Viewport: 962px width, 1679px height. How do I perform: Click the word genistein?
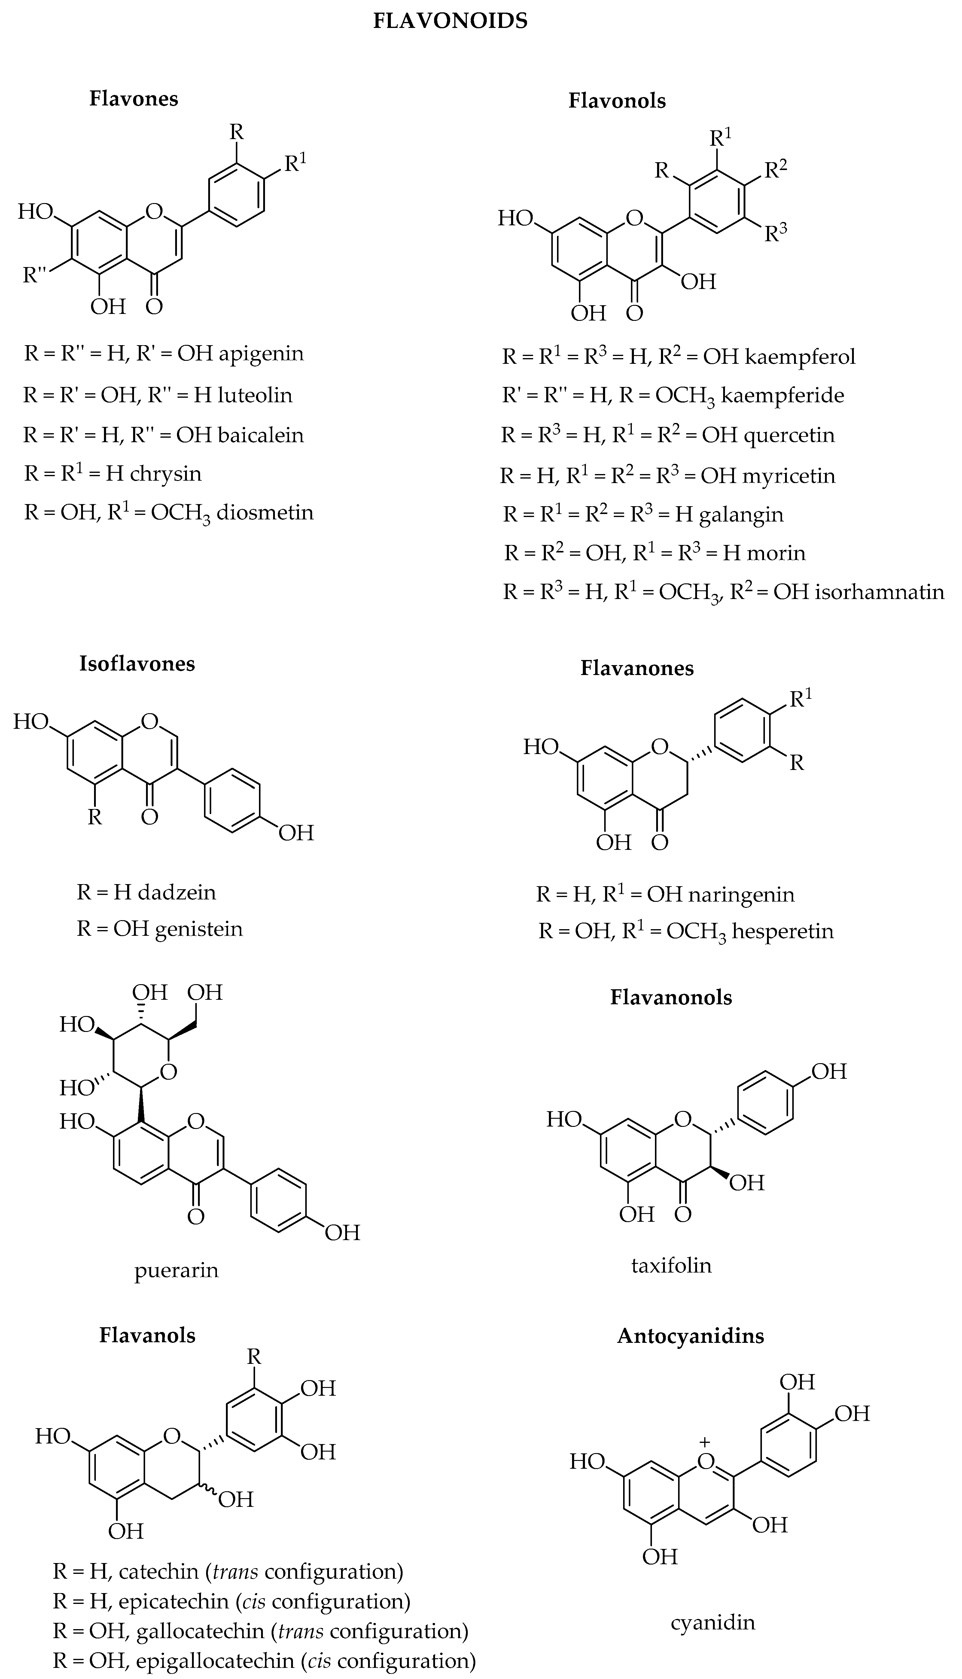199,929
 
